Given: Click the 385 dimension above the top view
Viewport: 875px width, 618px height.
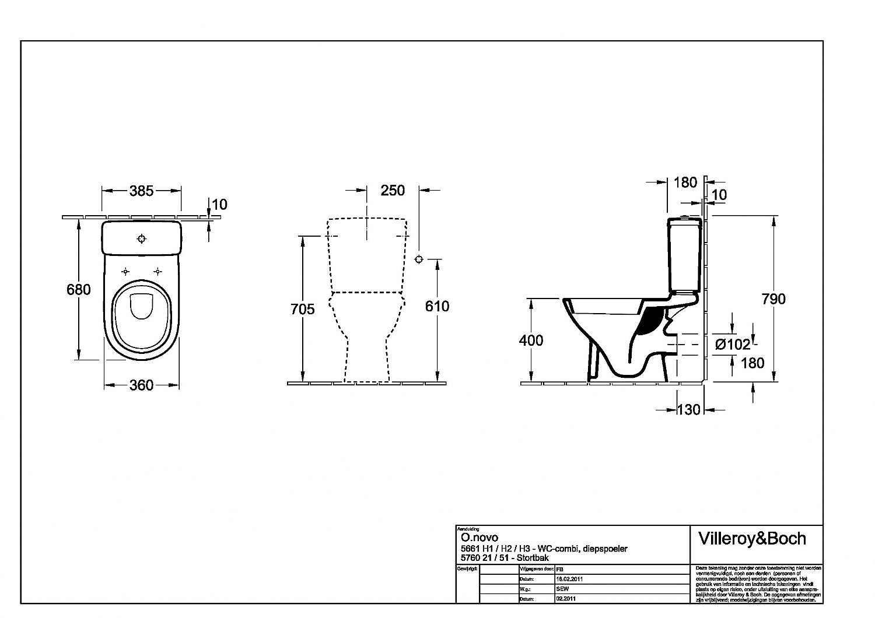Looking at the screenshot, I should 141,191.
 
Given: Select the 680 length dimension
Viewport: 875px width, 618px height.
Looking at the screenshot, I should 79,289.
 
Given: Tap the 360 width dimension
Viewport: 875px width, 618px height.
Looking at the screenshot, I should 141,385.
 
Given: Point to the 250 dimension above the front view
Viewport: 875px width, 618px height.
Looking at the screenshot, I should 392,191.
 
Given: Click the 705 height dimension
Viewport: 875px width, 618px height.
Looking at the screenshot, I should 303,309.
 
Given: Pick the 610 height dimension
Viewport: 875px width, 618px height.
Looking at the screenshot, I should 437,306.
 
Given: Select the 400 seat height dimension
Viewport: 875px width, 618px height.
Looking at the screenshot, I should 531,340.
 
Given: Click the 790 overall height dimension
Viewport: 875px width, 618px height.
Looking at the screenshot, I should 773,299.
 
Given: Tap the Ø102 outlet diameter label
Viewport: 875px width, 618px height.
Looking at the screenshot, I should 733,345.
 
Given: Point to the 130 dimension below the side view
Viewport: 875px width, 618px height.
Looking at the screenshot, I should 688,410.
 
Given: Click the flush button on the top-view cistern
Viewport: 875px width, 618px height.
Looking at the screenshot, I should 141,238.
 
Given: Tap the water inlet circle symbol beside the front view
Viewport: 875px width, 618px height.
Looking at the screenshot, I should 418,259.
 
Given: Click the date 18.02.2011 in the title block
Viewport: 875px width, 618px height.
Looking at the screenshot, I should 570,580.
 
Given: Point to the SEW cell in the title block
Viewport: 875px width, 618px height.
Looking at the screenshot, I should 562,589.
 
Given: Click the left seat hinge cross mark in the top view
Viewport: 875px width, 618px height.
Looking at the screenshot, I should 125,271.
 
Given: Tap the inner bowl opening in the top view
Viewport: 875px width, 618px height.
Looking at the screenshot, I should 141,306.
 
